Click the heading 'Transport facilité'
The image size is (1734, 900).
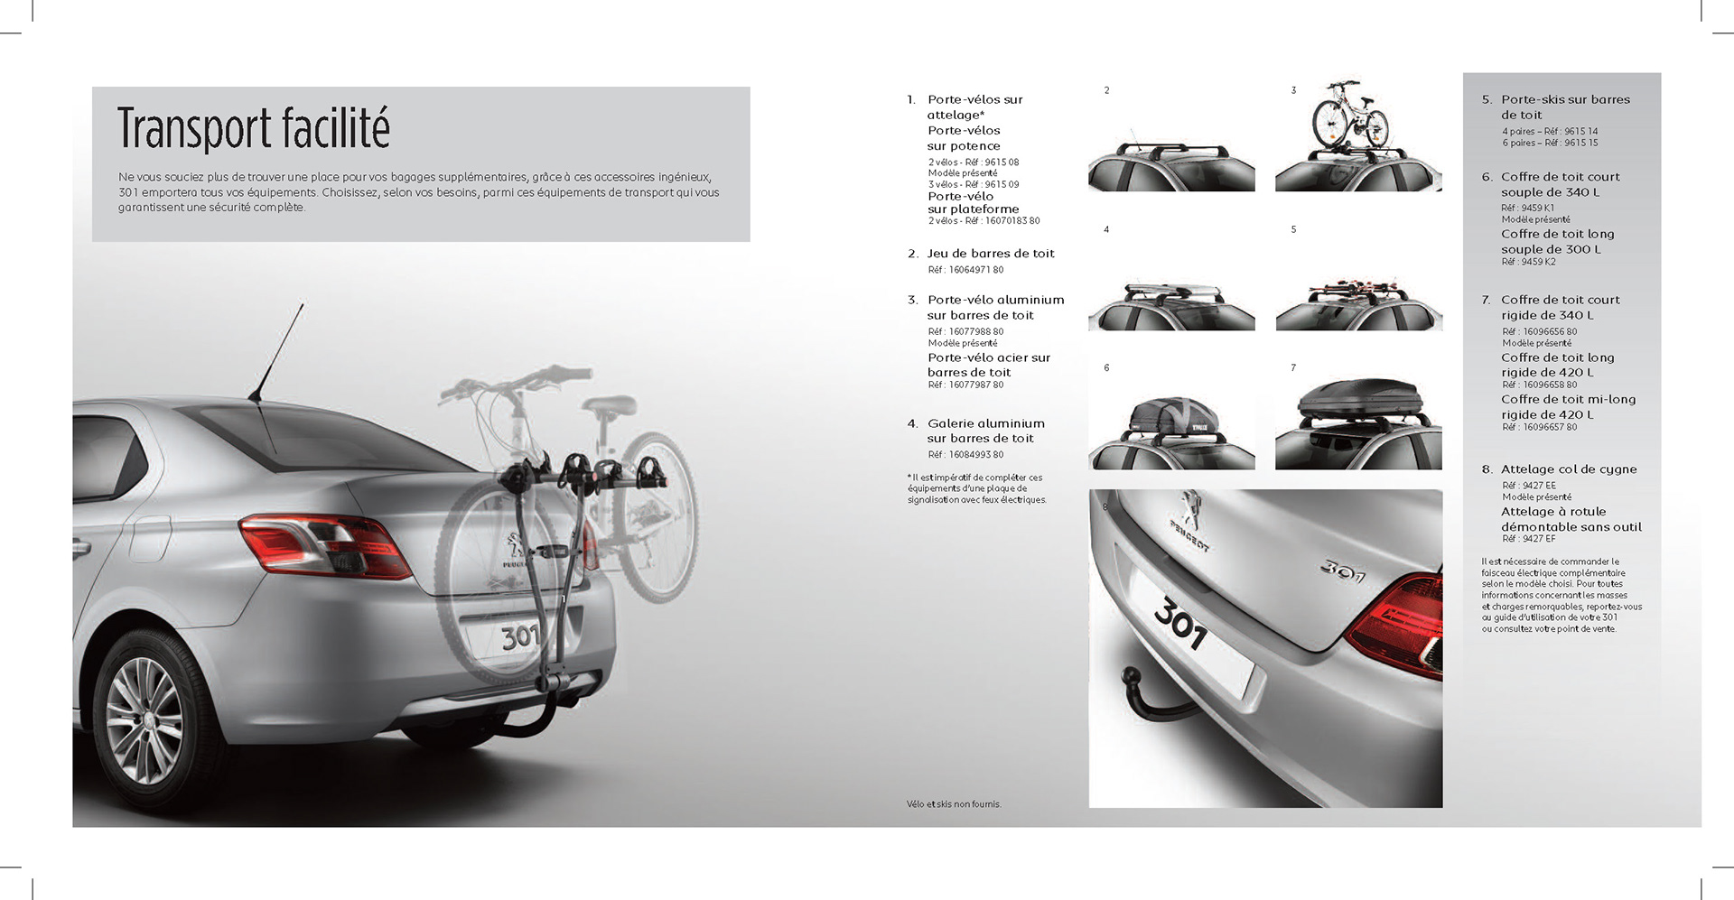click(x=254, y=129)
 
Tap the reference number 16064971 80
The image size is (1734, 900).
click(x=965, y=270)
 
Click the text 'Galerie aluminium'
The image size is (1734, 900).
click(x=985, y=423)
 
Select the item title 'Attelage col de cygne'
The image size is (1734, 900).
click(x=1568, y=469)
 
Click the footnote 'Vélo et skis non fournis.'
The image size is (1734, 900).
click(x=954, y=804)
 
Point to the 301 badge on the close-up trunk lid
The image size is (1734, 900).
click(x=1343, y=571)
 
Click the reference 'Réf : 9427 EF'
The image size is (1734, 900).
click(x=1528, y=539)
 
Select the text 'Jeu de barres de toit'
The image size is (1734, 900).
click(x=991, y=254)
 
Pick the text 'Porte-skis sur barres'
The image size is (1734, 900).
click(x=1565, y=99)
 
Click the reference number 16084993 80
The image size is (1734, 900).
click(x=965, y=455)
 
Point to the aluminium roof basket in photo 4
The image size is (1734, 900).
click(x=1171, y=294)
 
